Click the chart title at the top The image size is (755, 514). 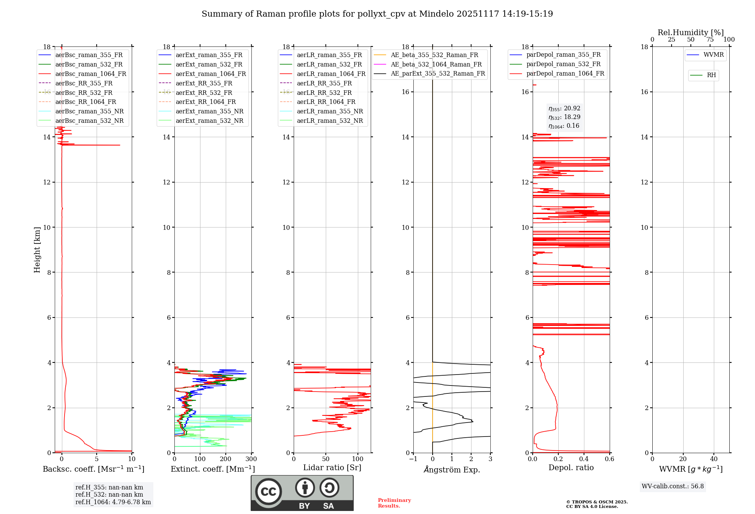pyautogui.click(x=377, y=14)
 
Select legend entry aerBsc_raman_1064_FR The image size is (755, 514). pyautogui.click(x=91, y=74)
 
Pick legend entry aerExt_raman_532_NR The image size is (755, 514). pyautogui.click(x=210, y=121)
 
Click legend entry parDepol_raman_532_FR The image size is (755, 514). pyautogui.click(x=563, y=64)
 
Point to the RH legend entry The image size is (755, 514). pyautogui.click(x=711, y=75)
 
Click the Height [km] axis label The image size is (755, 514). pyautogui.click(x=37, y=250)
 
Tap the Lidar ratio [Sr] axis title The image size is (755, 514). pyautogui.click(x=332, y=468)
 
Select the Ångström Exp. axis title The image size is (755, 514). pyautogui.click(x=452, y=469)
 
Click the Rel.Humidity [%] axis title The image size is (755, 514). pyautogui.click(x=691, y=33)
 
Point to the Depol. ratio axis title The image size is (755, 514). pyautogui.click(x=571, y=468)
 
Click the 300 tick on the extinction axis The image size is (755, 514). pyautogui.click(x=251, y=459)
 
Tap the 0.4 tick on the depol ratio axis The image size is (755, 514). pyautogui.click(x=584, y=459)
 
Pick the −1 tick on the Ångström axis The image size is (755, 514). pyautogui.click(x=413, y=459)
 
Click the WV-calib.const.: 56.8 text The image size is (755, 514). pyautogui.click(x=673, y=486)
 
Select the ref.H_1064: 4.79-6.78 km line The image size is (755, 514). pyautogui.click(x=113, y=502)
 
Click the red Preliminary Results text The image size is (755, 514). pyautogui.click(x=394, y=503)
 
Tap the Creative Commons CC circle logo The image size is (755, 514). pyautogui.click(x=268, y=491)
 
